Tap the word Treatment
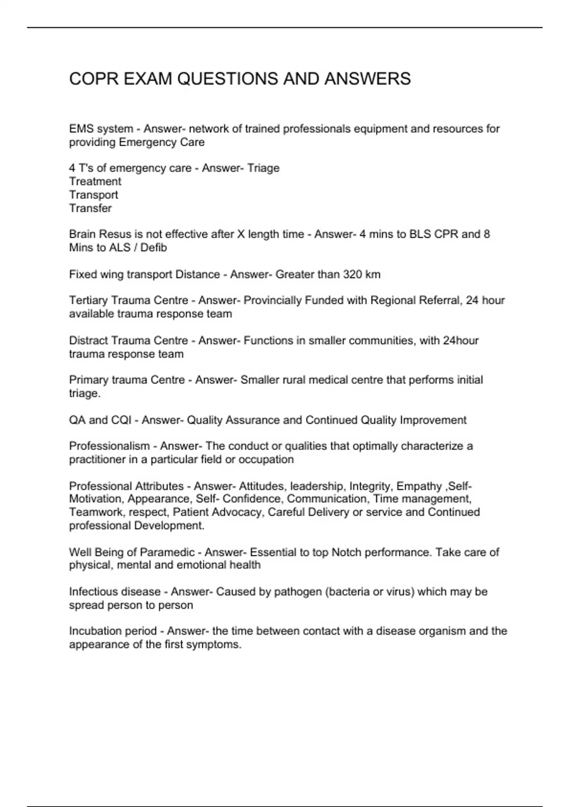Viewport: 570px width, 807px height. (x=95, y=181)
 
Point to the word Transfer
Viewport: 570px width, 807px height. (x=90, y=208)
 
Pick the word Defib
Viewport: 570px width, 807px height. (x=153, y=247)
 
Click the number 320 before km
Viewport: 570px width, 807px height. (x=351, y=274)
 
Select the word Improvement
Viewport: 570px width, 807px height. (x=433, y=420)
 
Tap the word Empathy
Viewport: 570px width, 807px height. (x=419, y=486)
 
